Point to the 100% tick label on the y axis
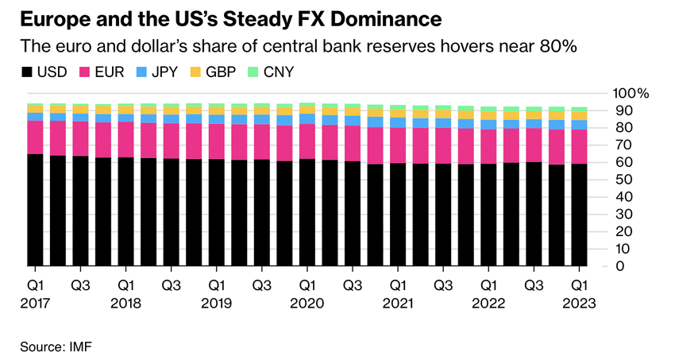(632, 93)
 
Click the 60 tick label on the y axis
(623, 162)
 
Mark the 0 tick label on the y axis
(620, 265)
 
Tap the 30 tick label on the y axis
(623, 214)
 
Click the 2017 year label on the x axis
(35, 303)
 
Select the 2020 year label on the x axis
(307, 303)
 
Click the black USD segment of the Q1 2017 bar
(35, 211)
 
